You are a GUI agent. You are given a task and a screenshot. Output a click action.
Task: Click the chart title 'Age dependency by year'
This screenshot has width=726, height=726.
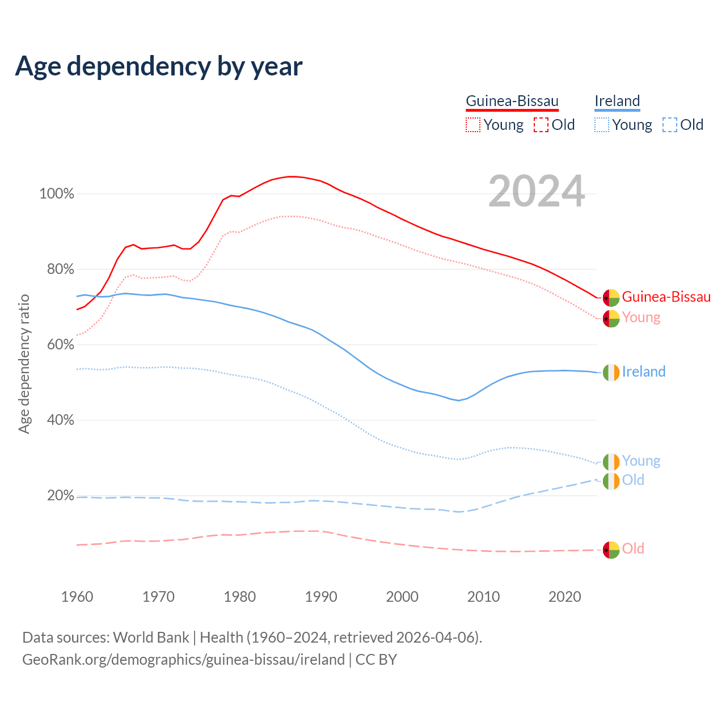[x=159, y=66]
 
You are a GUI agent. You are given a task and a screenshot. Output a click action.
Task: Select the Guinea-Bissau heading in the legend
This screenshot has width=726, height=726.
[x=512, y=101]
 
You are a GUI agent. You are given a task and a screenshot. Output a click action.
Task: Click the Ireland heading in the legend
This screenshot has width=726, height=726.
[x=617, y=101]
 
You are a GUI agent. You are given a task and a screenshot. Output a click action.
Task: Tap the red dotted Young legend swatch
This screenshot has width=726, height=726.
[x=473, y=125]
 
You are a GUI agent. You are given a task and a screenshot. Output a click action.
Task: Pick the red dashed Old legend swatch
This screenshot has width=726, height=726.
[x=541, y=125]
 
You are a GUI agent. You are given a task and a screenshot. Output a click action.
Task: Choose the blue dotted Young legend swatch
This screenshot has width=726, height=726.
[x=602, y=125]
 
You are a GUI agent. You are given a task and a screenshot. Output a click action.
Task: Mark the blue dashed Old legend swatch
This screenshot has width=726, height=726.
[x=670, y=125]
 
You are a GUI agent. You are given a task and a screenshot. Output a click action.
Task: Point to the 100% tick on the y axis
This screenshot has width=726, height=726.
[x=57, y=194]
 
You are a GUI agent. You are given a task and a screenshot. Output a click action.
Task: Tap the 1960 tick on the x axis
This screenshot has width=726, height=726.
[x=77, y=597]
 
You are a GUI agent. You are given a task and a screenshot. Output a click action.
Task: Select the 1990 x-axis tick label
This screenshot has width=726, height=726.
[x=321, y=597]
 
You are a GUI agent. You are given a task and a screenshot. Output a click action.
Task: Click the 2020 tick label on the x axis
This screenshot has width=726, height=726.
[x=565, y=597]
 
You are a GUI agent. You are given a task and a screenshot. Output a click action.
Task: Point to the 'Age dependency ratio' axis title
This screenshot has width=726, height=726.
[x=24, y=364]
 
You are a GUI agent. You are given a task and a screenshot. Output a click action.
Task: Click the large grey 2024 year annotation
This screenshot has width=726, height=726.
[x=537, y=192]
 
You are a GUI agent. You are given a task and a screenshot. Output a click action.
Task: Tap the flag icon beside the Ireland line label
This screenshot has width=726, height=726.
[x=611, y=373]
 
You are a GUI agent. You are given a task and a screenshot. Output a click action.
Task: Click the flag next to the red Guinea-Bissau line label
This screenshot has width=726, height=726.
[x=611, y=298]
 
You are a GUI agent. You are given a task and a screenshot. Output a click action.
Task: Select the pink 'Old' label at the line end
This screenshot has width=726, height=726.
[x=633, y=548]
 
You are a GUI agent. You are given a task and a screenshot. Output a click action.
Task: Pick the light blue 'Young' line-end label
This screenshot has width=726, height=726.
[x=641, y=461]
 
